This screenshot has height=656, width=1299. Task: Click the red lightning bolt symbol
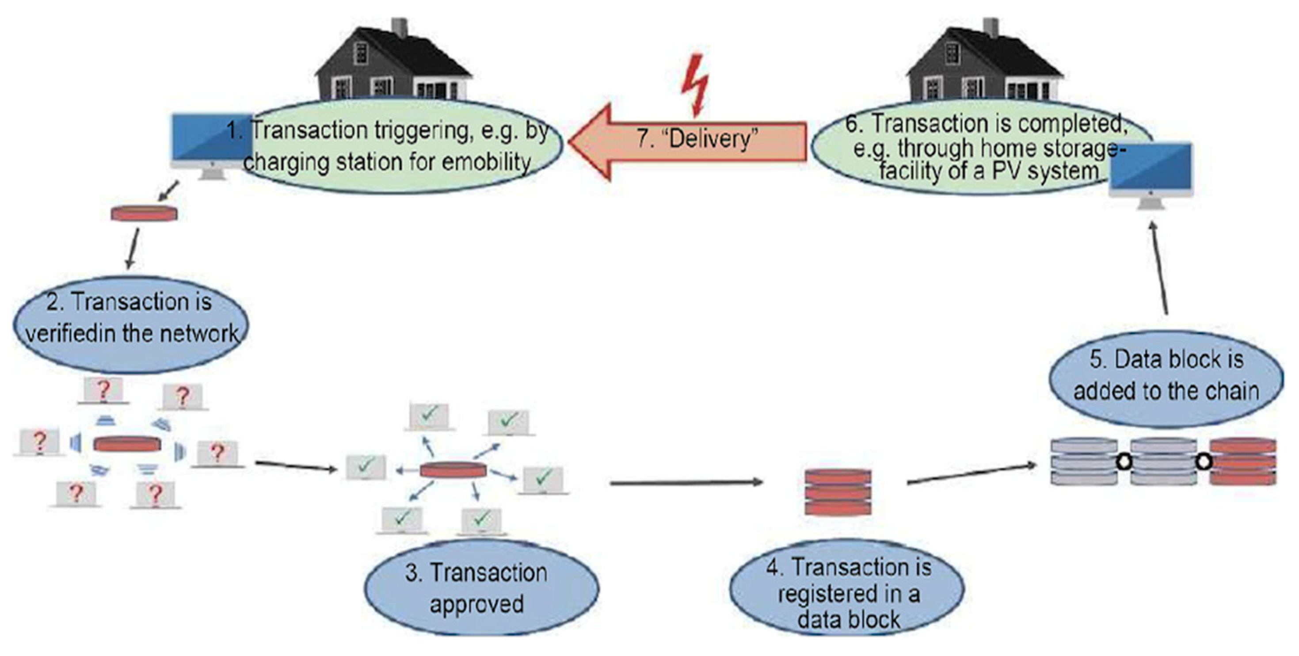coord(695,86)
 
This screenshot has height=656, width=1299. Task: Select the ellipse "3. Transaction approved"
coord(480,588)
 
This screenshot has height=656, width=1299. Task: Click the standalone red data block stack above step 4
coord(838,492)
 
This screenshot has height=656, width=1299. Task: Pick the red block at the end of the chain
coord(1242,462)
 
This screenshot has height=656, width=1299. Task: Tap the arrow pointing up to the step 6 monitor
coord(1159,267)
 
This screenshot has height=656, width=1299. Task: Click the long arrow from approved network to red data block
coord(686,483)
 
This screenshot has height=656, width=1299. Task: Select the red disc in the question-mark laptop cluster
coord(127,444)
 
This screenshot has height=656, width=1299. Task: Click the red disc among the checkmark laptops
coord(453,470)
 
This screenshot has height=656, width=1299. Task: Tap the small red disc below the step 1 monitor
coord(144,213)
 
